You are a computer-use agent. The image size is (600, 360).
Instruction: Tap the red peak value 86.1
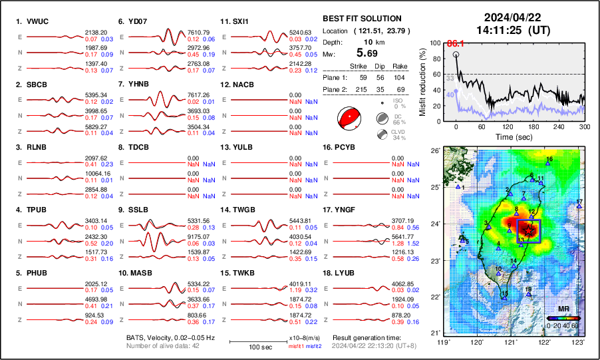point(454,43)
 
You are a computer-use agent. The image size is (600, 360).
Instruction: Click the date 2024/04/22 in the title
point(512,17)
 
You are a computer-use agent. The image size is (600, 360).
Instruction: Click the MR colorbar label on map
point(563,311)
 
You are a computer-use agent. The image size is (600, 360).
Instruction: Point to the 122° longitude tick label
point(544,342)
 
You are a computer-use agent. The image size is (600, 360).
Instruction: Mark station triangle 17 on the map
point(579,206)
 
